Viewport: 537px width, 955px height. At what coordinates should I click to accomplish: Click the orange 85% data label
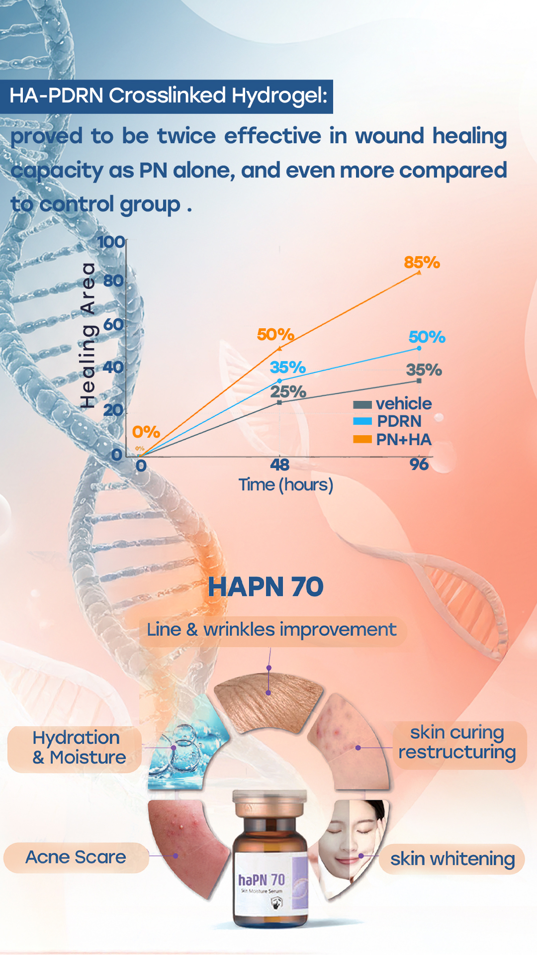click(422, 262)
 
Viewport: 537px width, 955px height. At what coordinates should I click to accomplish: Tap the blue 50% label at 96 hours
click(427, 337)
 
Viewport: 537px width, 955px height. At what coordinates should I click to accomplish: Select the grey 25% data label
click(288, 391)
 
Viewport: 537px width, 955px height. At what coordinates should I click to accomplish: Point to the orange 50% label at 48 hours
click(275, 334)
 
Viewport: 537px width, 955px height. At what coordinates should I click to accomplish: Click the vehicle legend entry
click(392, 403)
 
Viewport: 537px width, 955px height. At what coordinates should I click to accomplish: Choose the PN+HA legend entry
click(392, 439)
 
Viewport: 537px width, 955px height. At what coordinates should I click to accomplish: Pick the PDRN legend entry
click(387, 421)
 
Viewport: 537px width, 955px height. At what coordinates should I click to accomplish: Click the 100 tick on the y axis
click(111, 242)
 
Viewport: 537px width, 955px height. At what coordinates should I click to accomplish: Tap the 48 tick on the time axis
click(280, 465)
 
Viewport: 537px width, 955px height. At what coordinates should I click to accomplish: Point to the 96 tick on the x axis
click(419, 465)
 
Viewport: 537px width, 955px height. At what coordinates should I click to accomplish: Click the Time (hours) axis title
click(286, 484)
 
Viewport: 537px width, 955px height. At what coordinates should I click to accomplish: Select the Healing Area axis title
click(88, 336)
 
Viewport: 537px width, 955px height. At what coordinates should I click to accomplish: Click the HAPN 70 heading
click(266, 586)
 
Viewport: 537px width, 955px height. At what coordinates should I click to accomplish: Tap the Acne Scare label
click(76, 857)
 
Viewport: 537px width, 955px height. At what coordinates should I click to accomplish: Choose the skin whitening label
click(452, 859)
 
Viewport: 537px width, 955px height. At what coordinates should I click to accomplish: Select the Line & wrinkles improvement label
click(271, 630)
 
